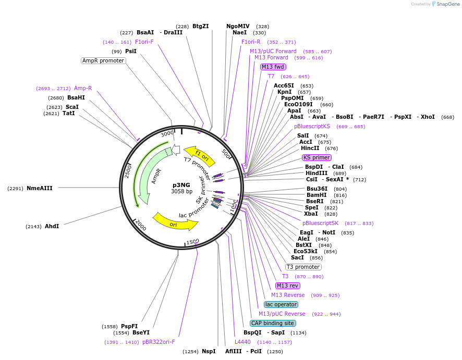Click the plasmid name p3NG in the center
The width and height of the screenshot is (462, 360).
pyautogui.click(x=181, y=184)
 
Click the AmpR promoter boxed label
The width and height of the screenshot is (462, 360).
pyautogui.click(x=103, y=60)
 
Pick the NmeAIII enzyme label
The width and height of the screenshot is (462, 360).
pyautogui.click(x=40, y=188)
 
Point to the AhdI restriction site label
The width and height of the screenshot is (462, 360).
pyautogui.click(x=52, y=226)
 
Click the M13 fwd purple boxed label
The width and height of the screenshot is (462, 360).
pyautogui.click(x=273, y=67)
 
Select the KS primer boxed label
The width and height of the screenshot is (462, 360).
pyautogui.click(x=317, y=157)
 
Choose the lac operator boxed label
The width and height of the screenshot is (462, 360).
pyautogui.click(x=281, y=304)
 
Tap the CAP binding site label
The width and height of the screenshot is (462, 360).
pyautogui.click(x=272, y=323)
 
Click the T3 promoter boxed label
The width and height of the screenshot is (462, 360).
pyautogui.click(x=303, y=267)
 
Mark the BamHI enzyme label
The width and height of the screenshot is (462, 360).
pyautogui.click(x=316, y=195)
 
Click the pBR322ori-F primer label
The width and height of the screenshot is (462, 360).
pyautogui.click(x=159, y=342)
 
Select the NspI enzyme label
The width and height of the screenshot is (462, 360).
pyautogui.click(x=209, y=351)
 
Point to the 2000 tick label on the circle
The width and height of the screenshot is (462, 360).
pyautogui.click(x=140, y=224)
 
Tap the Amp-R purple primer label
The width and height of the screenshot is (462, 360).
pyautogui.click(x=83, y=88)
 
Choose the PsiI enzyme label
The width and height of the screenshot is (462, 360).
pyautogui.click(x=131, y=51)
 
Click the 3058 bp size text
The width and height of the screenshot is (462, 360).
pyautogui.click(x=181, y=191)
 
